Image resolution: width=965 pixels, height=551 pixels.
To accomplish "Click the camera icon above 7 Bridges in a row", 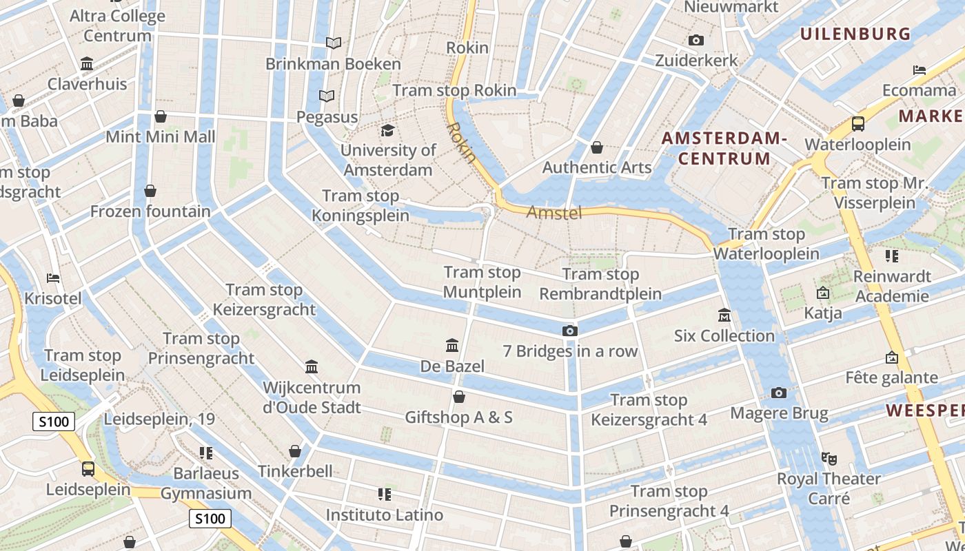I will click(569, 331).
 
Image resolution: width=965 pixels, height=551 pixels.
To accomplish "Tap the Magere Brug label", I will click(779, 413).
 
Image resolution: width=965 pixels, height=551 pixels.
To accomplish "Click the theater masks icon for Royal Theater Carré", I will click(829, 458).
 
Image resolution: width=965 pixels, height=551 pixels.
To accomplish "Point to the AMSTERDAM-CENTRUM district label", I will click(724, 148).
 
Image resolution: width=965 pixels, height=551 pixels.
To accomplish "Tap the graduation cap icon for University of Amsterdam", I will click(388, 130).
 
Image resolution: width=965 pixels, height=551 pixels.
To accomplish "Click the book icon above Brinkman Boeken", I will click(334, 43).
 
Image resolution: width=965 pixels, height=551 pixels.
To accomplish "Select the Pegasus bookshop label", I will click(327, 117).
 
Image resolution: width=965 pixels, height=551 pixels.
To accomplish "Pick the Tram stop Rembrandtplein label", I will click(600, 284).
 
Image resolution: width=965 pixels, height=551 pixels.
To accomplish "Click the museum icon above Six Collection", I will click(724, 315).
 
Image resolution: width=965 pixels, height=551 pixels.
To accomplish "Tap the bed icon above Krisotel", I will click(53, 278).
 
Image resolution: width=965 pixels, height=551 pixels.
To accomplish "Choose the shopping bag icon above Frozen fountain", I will click(150, 191).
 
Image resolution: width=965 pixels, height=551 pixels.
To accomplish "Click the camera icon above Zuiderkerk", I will click(697, 41).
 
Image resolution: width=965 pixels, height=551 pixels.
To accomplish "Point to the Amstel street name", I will click(554, 213).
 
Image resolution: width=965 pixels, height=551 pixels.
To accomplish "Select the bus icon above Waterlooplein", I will click(858, 124).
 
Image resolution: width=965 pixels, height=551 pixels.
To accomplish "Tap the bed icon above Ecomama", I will click(920, 70).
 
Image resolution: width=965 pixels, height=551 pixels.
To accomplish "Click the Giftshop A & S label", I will click(458, 417).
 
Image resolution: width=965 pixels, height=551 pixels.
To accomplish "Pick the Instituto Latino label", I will click(385, 514).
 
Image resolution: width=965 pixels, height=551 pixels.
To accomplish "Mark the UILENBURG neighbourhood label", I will click(855, 33).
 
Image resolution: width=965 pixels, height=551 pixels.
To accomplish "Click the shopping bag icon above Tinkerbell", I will click(295, 451).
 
